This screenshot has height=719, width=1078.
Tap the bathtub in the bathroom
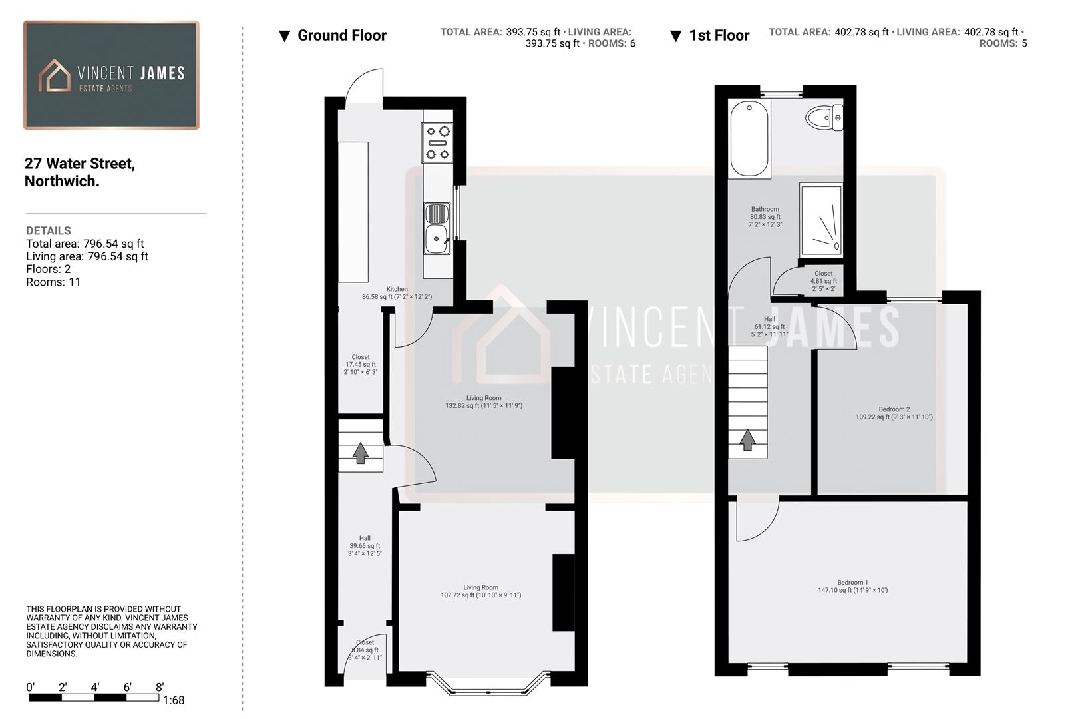coord(749,138)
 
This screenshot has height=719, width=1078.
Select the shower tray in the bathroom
coord(821,220)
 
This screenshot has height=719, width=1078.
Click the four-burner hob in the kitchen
coord(437,143)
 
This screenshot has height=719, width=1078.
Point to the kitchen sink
coord(437,230)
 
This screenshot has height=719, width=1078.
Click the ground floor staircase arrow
coord(361,453)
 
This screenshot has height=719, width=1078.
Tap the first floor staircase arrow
coord(747,440)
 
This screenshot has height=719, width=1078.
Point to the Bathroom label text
coord(765,209)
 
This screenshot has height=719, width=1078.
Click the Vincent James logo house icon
coord(55,75)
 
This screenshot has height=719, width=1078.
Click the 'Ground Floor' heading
coord(341,35)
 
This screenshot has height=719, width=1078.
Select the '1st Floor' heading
coord(719,35)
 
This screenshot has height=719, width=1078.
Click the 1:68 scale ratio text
coord(174,700)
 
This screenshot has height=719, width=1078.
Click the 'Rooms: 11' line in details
coord(53,282)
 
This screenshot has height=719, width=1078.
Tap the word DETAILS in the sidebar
coord(48,230)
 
